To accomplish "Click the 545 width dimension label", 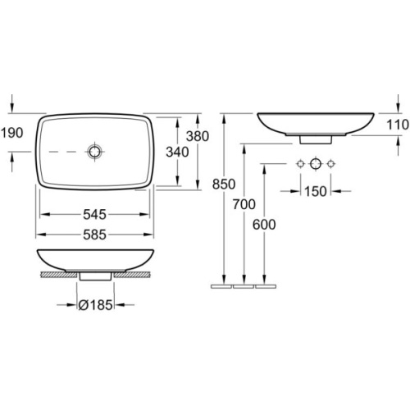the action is (94, 215).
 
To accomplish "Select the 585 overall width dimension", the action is (94, 235).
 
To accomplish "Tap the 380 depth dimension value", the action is (198, 136).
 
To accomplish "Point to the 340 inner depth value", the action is (177, 152).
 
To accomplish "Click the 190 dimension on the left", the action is (12, 133).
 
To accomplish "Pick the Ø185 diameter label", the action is (95, 305).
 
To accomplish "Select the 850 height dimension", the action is (224, 184).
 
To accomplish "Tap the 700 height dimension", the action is (244, 204).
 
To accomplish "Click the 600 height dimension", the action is (264, 225).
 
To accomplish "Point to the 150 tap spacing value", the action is (316, 192).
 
